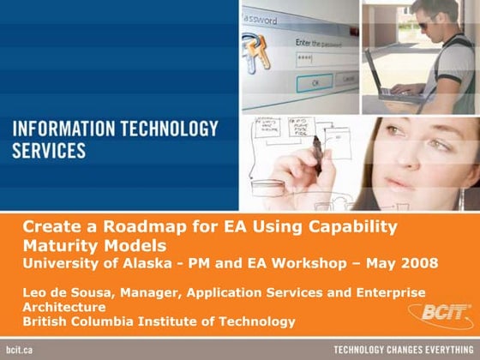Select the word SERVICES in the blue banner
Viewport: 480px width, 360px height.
click(x=49, y=151)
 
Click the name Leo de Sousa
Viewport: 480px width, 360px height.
click(x=62, y=292)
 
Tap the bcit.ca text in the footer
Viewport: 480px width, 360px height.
click(x=19, y=351)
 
